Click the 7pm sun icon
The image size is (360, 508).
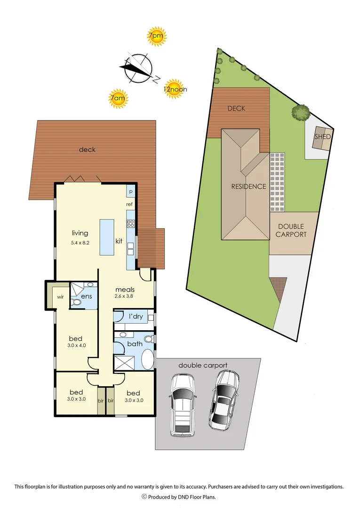156,36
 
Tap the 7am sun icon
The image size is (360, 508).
118,99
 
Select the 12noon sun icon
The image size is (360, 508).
174,88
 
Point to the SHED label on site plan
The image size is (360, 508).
322,137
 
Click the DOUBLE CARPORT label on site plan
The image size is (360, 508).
292,230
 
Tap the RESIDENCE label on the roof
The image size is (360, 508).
248,186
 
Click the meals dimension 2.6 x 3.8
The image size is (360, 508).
125,297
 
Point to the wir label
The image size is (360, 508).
60,297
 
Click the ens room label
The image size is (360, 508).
86,296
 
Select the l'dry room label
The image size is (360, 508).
136,316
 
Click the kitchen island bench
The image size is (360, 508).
107,238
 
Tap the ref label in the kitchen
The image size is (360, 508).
130,204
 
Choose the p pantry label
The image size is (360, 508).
131,192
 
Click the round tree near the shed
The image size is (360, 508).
300,112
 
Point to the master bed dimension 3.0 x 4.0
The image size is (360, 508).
76,346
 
